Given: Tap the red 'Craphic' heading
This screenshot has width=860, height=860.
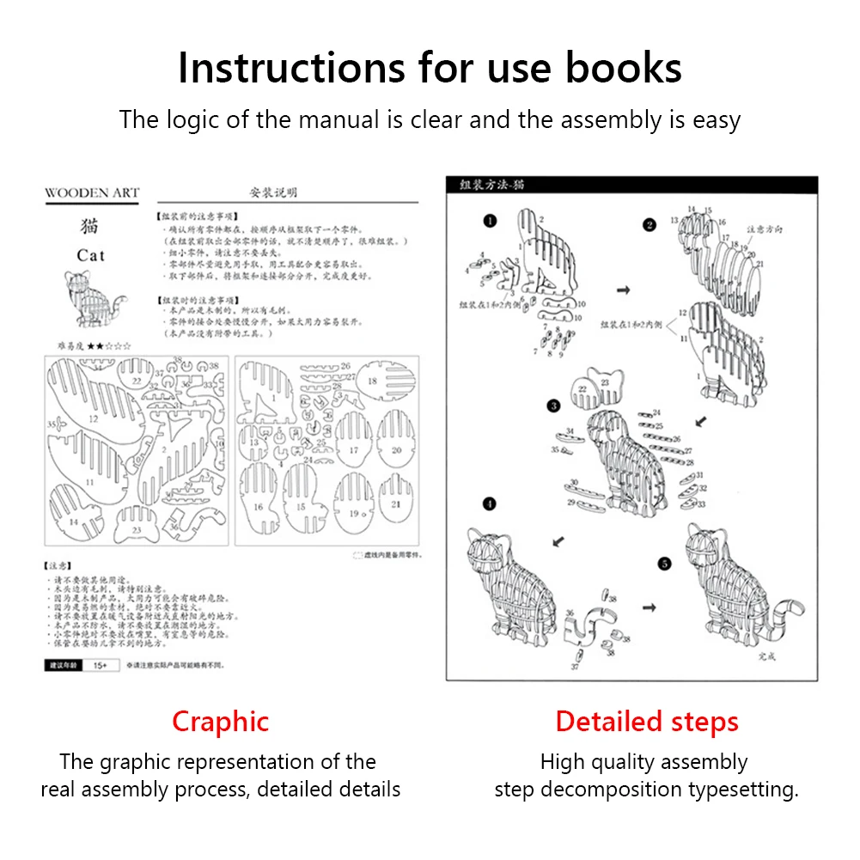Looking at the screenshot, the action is (x=220, y=722).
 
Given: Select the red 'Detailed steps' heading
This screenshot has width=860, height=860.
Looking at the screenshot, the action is (x=647, y=722).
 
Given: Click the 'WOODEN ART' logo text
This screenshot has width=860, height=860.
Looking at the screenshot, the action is (x=92, y=193).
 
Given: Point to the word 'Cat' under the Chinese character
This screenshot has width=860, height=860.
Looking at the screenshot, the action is (x=90, y=255).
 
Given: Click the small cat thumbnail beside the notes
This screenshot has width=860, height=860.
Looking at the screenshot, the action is (x=92, y=299).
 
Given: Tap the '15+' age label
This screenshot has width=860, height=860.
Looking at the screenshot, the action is (x=100, y=666).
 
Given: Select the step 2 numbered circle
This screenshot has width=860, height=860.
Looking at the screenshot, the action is (x=650, y=225).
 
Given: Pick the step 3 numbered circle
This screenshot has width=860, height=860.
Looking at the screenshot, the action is (x=554, y=406).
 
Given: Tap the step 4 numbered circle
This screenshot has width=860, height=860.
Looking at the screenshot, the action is (x=489, y=503).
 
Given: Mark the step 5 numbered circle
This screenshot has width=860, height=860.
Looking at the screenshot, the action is (x=663, y=564).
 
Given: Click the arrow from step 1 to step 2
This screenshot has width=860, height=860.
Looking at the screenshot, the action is (x=624, y=290).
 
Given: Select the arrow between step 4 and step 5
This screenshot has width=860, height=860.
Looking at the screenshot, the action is (x=650, y=607).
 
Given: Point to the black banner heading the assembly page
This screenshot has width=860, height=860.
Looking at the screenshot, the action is (x=631, y=185).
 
